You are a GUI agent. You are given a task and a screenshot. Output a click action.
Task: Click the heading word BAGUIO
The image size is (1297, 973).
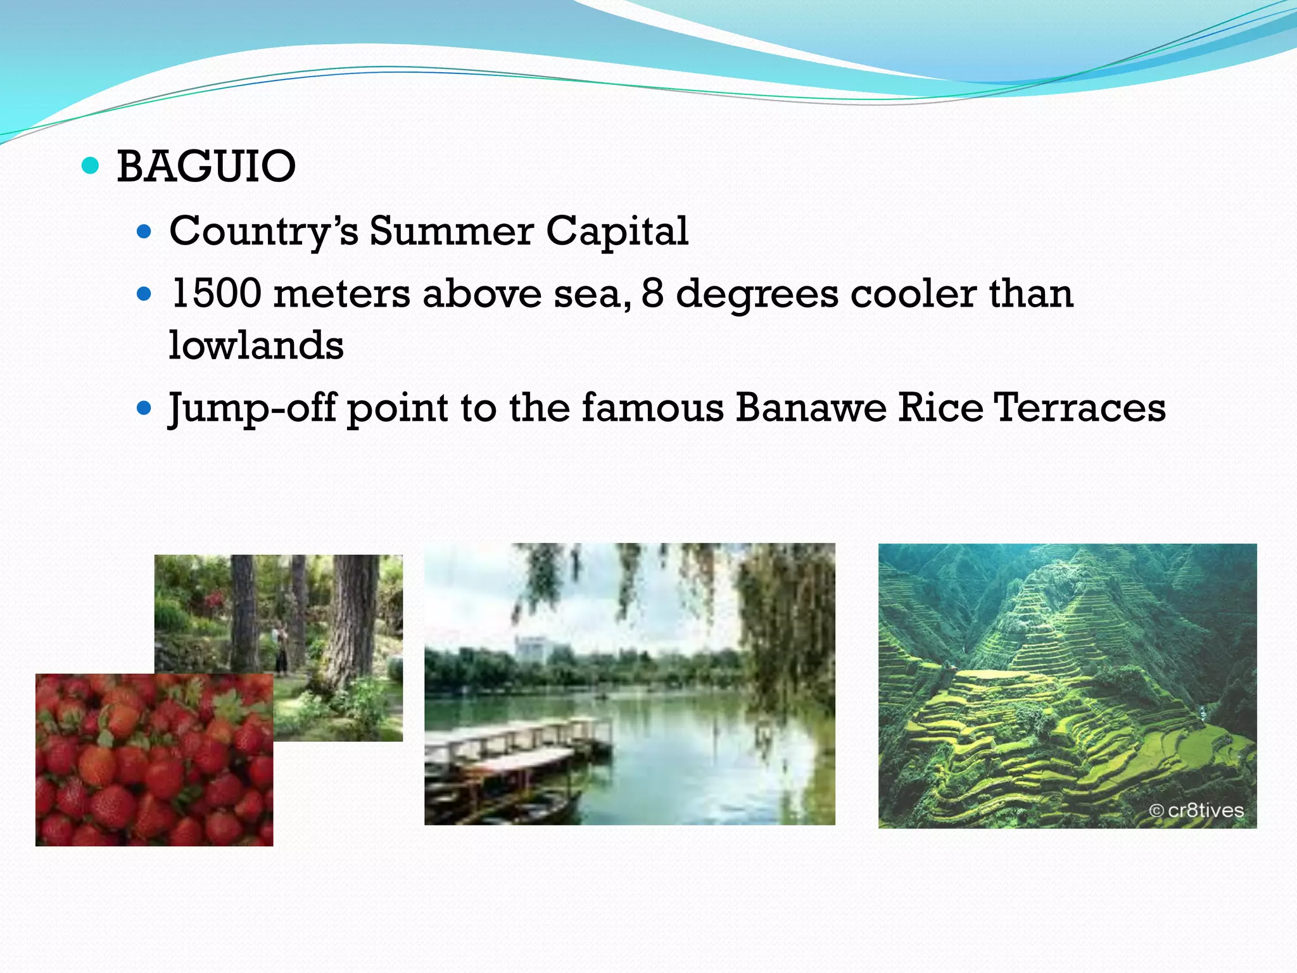(206, 167)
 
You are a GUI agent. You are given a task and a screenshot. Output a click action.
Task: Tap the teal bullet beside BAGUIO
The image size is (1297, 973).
(91, 166)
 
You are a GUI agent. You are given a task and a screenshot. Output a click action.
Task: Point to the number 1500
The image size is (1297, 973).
(216, 294)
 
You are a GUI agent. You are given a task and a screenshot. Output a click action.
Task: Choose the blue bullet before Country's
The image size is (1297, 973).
(144, 232)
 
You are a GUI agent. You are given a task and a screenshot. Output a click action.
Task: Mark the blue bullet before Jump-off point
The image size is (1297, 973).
(144, 408)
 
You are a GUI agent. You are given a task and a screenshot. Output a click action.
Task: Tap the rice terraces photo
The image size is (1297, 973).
(1067, 685)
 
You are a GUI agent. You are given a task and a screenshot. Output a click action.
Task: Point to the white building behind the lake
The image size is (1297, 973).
(531, 649)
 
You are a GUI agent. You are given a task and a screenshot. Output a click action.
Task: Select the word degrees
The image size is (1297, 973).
(757, 294)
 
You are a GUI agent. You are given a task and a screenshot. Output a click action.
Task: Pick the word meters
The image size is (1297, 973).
(342, 294)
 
